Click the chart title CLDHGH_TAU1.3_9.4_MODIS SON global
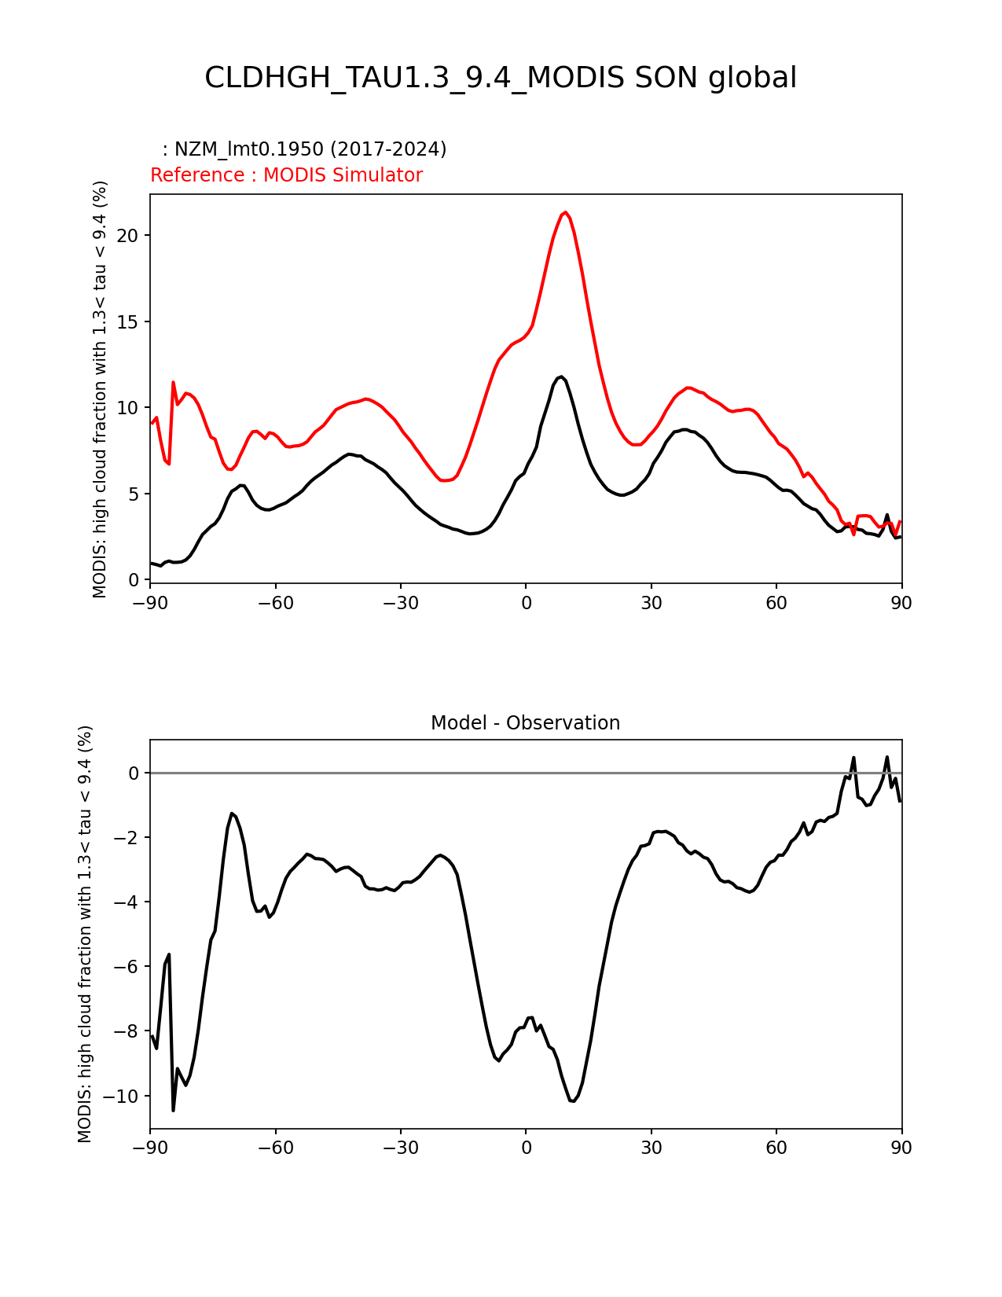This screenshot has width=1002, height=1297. (x=501, y=78)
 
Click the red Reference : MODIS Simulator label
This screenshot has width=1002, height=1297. (x=286, y=175)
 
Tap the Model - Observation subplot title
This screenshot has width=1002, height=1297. (x=525, y=723)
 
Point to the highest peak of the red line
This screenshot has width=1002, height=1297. (x=564, y=212)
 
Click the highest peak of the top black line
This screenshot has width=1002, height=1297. (x=560, y=377)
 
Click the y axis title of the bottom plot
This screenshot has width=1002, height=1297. (x=85, y=934)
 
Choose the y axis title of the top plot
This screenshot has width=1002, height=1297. (x=100, y=389)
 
